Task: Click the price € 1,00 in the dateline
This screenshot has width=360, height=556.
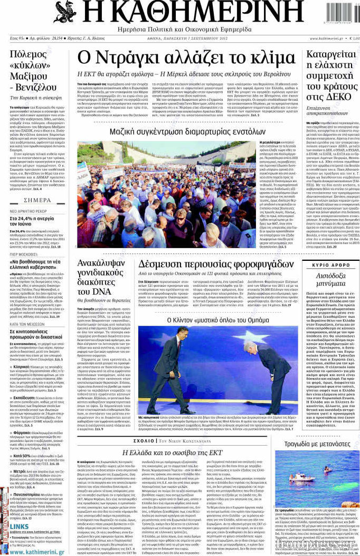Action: pos(352,39)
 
